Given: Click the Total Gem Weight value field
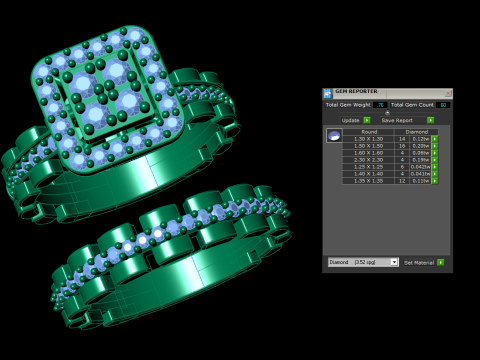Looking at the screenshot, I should point(380,104).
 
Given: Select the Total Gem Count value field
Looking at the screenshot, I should point(443,104).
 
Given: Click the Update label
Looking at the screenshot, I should point(350,120).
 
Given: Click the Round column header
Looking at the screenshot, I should point(369,131).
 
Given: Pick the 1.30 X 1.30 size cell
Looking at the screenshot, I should point(369,138).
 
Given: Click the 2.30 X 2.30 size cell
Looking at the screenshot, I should point(369,159).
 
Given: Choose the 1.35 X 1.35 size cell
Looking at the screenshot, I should point(369,180).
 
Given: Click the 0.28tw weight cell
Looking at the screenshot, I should point(420,145).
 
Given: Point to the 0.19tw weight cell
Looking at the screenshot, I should point(420,159).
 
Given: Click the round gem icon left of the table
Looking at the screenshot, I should point(334,136).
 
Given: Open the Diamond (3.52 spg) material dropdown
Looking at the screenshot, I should point(363,262).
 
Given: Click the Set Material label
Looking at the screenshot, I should point(418,262).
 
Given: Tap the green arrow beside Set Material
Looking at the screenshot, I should point(441,262).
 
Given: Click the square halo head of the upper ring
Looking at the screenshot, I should point(110,95).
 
